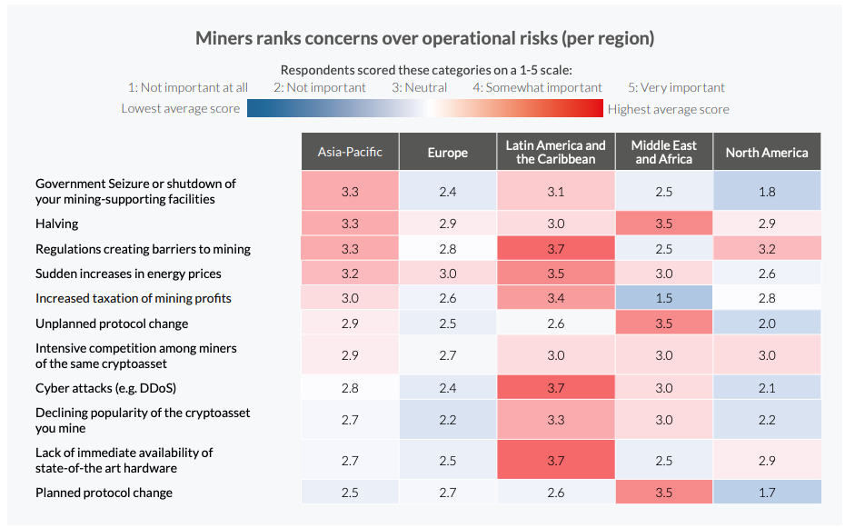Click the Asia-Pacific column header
point(350,152)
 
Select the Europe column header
point(448,152)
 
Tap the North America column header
point(767,152)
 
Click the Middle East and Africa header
point(664,152)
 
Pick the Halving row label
point(57,224)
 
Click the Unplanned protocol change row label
point(112,324)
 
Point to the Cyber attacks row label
point(105,388)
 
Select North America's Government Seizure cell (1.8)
point(767,192)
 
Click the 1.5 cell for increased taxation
point(664,298)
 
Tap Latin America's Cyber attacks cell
point(556,388)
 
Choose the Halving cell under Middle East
point(664,224)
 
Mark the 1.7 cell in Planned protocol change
point(767,493)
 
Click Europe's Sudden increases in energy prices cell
point(448,274)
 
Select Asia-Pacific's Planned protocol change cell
point(350,493)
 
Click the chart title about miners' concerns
point(424,39)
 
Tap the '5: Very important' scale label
point(676,88)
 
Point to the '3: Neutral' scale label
point(419,88)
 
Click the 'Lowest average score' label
point(181,109)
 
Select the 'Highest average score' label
point(668,109)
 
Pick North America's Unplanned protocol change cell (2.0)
point(767,324)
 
